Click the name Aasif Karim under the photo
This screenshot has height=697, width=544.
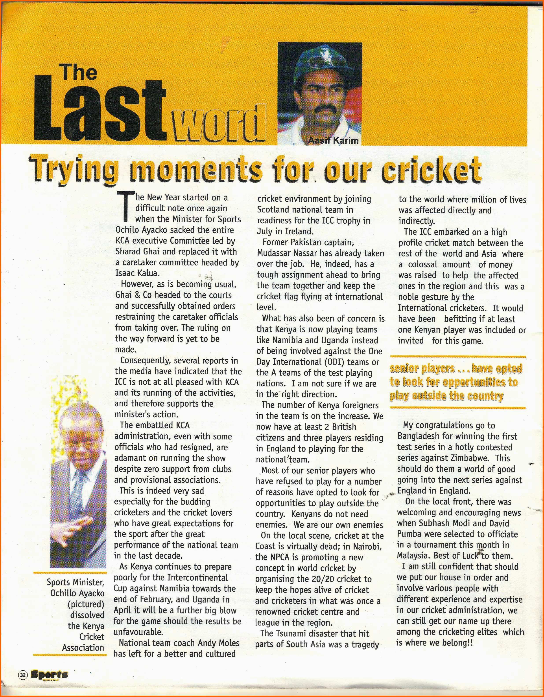point(333,140)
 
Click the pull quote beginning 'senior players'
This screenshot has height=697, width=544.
point(456,382)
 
